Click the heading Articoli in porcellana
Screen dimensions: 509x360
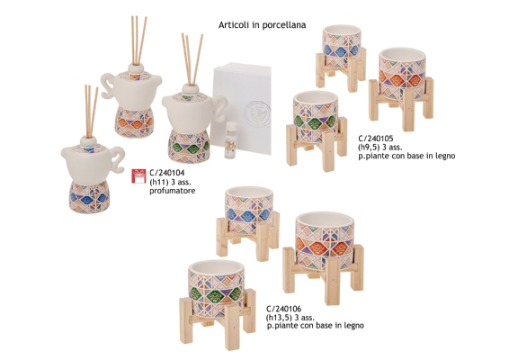click(262, 25)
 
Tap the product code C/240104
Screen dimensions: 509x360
click(167, 173)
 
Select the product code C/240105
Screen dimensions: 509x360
click(376, 139)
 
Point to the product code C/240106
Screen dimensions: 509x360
click(283, 309)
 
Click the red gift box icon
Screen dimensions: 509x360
click(138, 176)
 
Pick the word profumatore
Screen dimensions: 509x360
click(173, 191)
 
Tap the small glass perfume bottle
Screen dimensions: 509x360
click(231, 139)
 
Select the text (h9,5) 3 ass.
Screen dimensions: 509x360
click(380, 148)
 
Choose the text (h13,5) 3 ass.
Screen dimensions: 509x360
click(290, 317)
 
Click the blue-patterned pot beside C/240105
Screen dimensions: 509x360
click(342, 58)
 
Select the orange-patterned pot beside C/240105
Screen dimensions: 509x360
click(401, 89)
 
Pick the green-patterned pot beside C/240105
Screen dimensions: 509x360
click(317, 130)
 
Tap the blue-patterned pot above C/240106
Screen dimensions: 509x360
click(248, 223)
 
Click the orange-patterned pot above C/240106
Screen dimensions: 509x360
click(324, 258)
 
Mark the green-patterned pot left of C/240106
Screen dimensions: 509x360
click(217, 305)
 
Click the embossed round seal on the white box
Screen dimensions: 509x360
click(257, 114)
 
